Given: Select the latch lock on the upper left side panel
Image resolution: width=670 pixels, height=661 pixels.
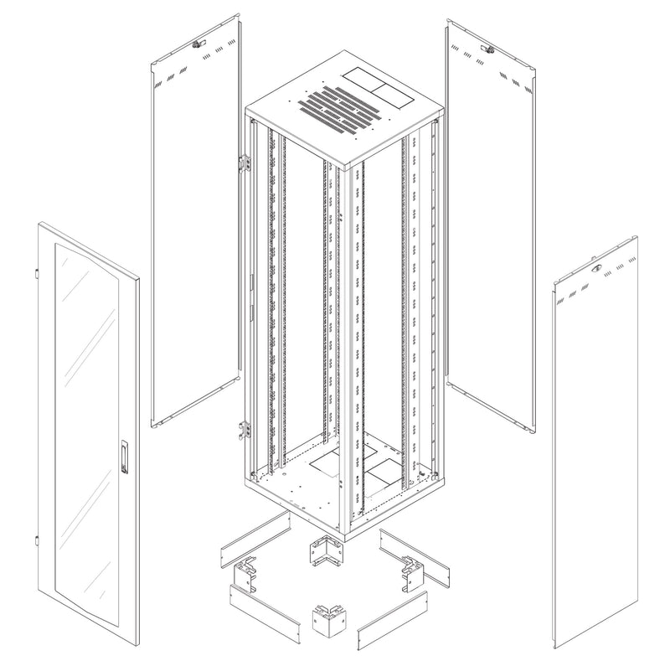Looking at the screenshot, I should tap(198, 44).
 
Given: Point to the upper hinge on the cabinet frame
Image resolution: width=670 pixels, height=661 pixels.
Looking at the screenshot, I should tap(245, 162).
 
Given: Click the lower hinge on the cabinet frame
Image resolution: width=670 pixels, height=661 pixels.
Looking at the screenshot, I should tap(245, 428).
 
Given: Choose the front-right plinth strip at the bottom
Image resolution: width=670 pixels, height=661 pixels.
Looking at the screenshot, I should tap(392, 620).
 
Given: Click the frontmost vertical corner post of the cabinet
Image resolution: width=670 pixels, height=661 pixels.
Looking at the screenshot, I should tap(344, 352).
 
